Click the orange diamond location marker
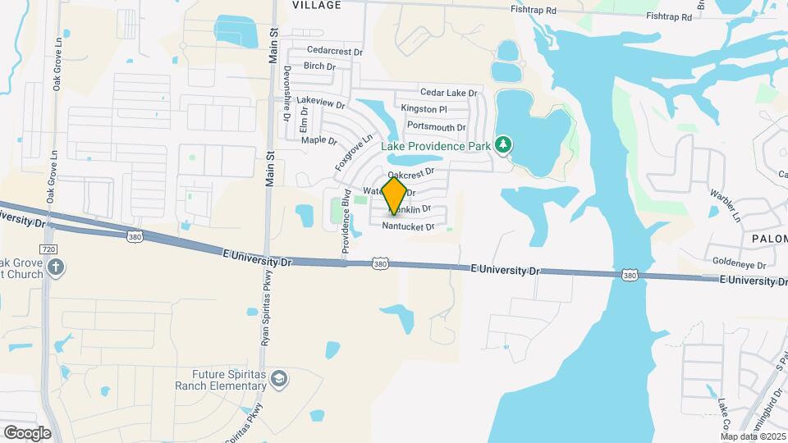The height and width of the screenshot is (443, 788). coord(394,196)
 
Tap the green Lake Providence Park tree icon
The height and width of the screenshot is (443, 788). coord(504,145)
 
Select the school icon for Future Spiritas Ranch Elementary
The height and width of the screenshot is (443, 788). coord(280,377)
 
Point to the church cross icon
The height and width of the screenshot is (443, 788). coord(56,267)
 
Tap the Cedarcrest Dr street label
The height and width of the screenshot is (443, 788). coord(335,52)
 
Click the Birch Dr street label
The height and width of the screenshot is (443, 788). coord(319,66)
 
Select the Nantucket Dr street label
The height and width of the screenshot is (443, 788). coord(408,226)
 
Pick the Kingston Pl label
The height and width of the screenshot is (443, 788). coord(424,109)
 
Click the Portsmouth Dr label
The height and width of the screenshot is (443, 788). coord(436,127)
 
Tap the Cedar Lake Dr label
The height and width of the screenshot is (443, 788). coord(448,93)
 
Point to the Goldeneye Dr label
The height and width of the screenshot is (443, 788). coord(739,266)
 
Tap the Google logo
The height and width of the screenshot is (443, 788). coord(27,432)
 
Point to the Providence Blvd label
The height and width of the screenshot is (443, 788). coord(346,225)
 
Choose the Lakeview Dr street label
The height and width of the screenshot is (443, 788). coord(321,102)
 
